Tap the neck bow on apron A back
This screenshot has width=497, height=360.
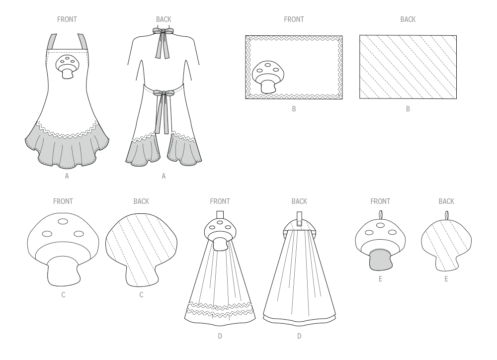pos(163,31)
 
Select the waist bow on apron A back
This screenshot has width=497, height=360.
pos(163,92)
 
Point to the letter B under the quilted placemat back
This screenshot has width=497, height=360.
pos(408,109)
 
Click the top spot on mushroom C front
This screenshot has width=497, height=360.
pos(63,222)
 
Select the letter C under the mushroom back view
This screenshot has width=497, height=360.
pos(141,295)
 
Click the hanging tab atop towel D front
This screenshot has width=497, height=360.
pos(219,215)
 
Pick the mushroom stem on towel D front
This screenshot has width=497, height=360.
pos(219,244)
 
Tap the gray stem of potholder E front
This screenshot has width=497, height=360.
pos(380,260)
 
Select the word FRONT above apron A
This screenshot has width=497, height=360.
pos(67,19)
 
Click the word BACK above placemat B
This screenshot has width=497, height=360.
pos(408,19)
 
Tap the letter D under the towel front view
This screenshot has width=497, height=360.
pos(220,336)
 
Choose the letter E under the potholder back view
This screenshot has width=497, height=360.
pos(446,279)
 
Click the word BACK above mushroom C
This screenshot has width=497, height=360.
pos(141,201)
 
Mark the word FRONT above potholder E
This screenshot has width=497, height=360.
pos(380,201)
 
